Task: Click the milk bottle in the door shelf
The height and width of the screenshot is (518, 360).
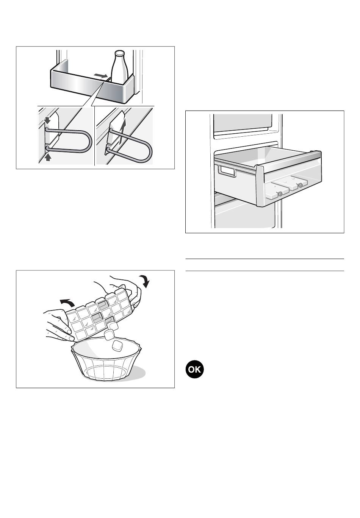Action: tap(120, 67)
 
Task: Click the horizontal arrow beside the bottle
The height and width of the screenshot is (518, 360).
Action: tap(101, 76)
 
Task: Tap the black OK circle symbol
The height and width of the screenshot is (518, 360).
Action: tap(194, 369)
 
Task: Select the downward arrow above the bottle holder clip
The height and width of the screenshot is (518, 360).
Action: tap(47, 120)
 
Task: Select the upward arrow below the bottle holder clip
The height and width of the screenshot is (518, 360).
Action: tap(48, 157)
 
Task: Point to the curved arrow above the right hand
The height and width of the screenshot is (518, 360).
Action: tap(145, 281)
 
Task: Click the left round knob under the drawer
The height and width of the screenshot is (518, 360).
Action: tap(280, 194)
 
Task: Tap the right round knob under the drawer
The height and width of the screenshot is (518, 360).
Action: tap(300, 185)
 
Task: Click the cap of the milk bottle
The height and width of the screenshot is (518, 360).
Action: tap(119, 53)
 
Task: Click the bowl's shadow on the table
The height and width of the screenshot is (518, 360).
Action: tap(138, 371)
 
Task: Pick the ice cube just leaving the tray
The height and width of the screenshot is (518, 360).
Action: tap(114, 326)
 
